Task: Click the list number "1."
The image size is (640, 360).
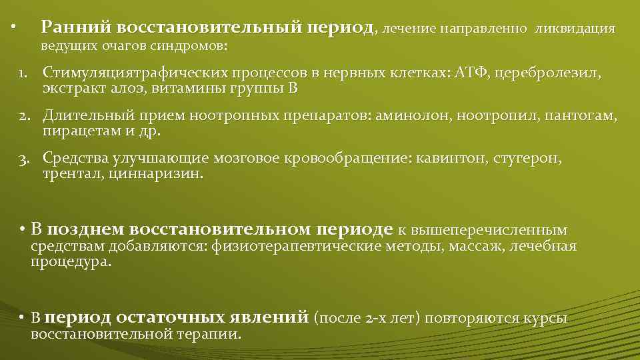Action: (25, 73)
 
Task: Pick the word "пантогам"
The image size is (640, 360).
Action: (582, 116)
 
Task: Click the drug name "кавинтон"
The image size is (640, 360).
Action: (450, 159)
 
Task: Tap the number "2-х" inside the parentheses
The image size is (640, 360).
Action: (378, 318)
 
